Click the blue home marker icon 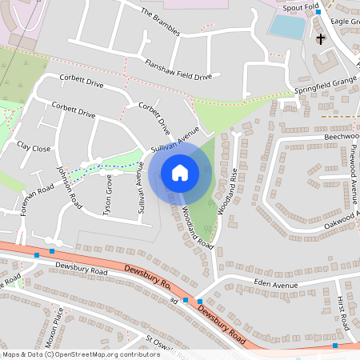(x=180, y=173)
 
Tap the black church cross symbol (x=321, y=38)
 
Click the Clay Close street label (x=34, y=147)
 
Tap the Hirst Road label (x=343, y=311)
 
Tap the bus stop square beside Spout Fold (x=318, y=12)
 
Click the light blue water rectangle (x=286, y=26)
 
